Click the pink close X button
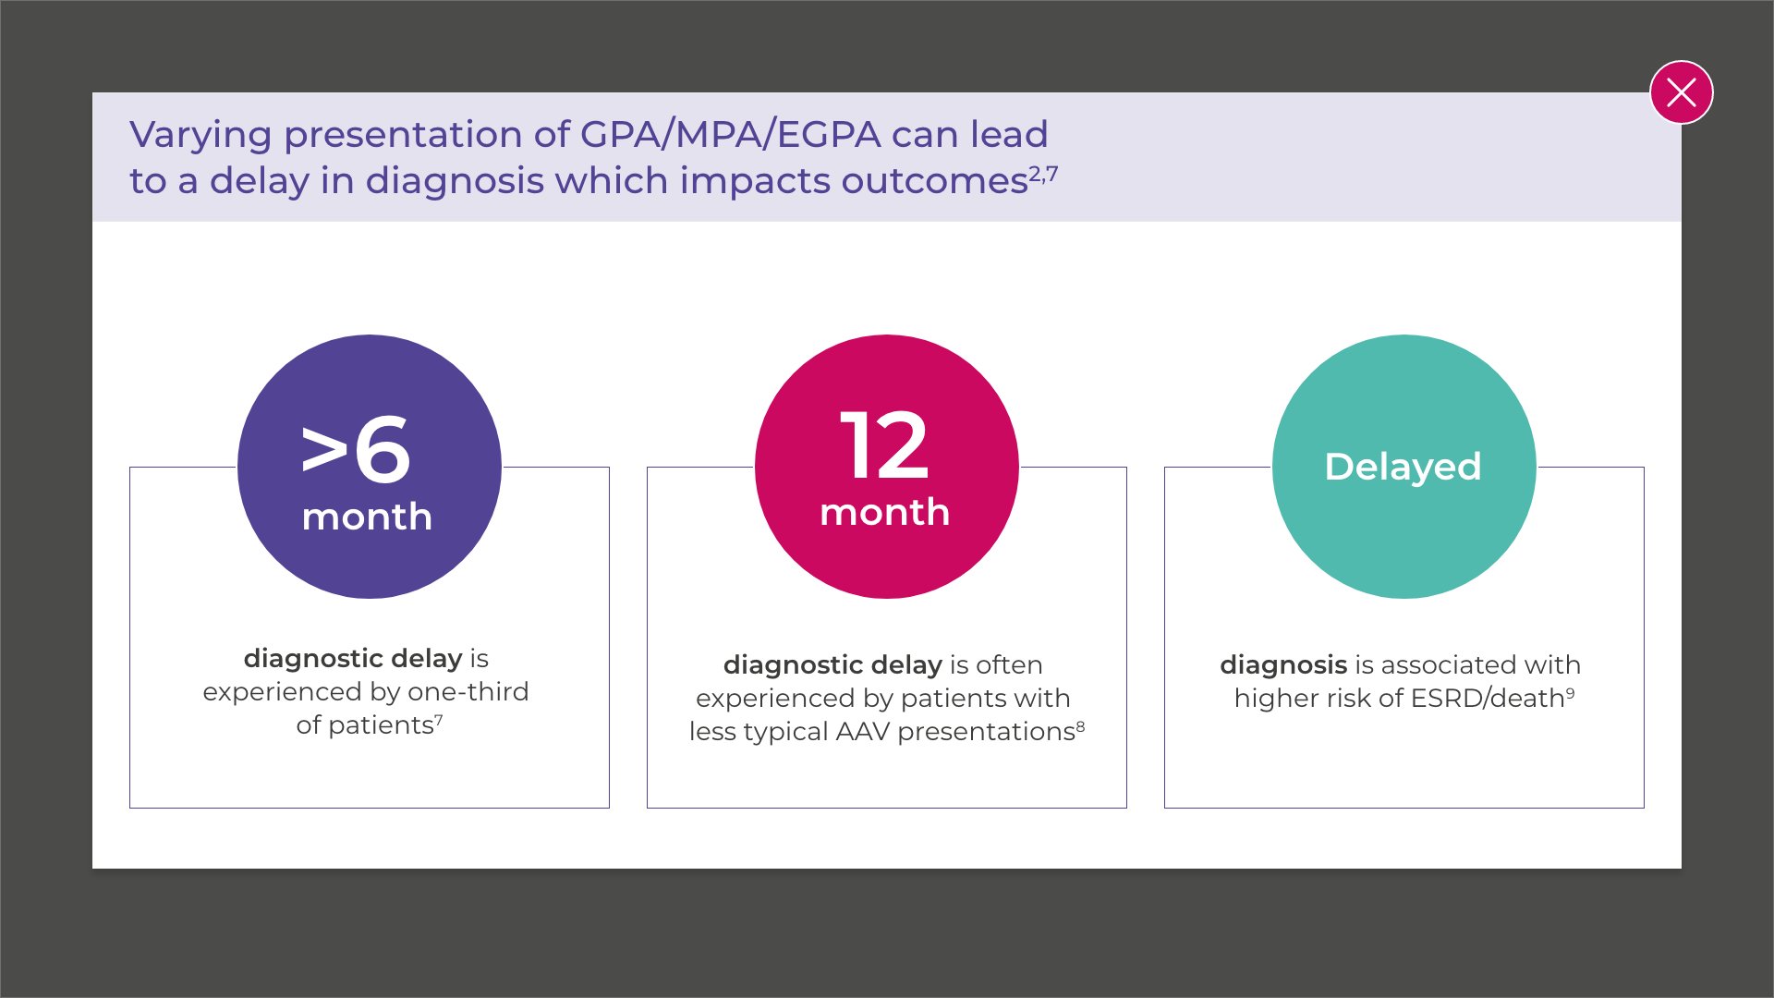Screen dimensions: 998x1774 tap(1681, 92)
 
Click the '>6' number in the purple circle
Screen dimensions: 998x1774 tap(356, 449)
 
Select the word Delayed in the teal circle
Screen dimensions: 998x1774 tap(1403, 467)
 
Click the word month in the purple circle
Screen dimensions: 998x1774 tap(367, 517)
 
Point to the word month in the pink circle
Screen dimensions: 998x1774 tap(884, 512)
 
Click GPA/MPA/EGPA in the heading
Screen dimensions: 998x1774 tap(730, 135)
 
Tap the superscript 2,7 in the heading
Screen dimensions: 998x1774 tap(1043, 173)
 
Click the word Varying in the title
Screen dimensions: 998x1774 tap(200, 135)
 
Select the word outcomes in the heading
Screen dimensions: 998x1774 tap(934, 181)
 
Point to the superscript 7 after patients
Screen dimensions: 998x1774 tap(439, 719)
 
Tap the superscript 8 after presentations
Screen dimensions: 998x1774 tap(1080, 725)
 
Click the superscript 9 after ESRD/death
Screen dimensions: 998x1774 tap(1570, 692)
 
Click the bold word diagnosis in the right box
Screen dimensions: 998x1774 tap(1282, 664)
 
